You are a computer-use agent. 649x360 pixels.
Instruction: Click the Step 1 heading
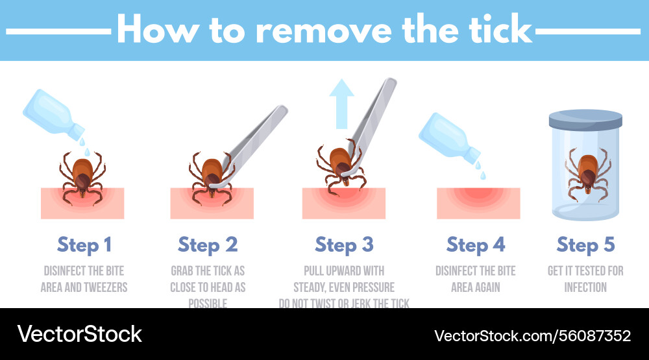(x=84, y=245)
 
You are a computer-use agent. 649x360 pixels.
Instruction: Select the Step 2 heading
(x=208, y=245)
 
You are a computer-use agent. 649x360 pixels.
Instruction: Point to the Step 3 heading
(x=344, y=245)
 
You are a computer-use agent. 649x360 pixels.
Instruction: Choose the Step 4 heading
(x=476, y=245)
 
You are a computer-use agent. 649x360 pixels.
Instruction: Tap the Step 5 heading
(x=585, y=245)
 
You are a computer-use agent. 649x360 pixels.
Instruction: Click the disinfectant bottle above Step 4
(x=451, y=138)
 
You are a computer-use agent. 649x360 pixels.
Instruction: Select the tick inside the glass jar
(x=587, y=173)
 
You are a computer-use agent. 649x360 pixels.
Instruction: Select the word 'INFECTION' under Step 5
(x=585, y=287)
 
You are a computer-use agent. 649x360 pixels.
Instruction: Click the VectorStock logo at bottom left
(x=79, y=334)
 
